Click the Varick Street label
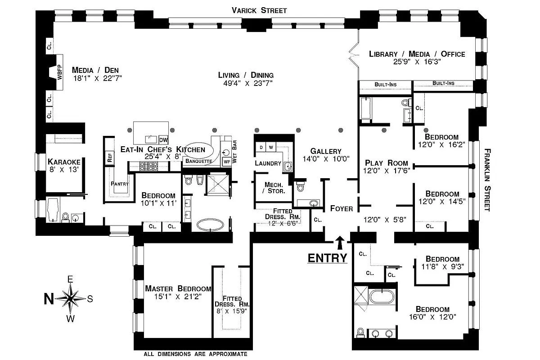[259, 10]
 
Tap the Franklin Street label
[487, 180]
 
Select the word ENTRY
[327, 258]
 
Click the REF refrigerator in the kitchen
[109, 157]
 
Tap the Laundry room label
[268, 163]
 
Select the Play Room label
[386, 163]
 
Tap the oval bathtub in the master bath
[210, 225]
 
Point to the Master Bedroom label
[178, 288]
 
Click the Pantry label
[120, 184]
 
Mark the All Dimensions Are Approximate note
[195, 354]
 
